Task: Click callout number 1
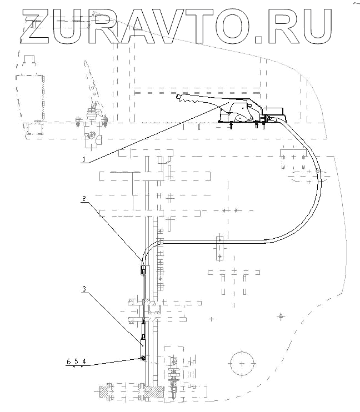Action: click(x=84, y=159)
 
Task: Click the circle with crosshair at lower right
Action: click(x=242, y=364)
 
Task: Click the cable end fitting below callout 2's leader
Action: click(x=143, y=270)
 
